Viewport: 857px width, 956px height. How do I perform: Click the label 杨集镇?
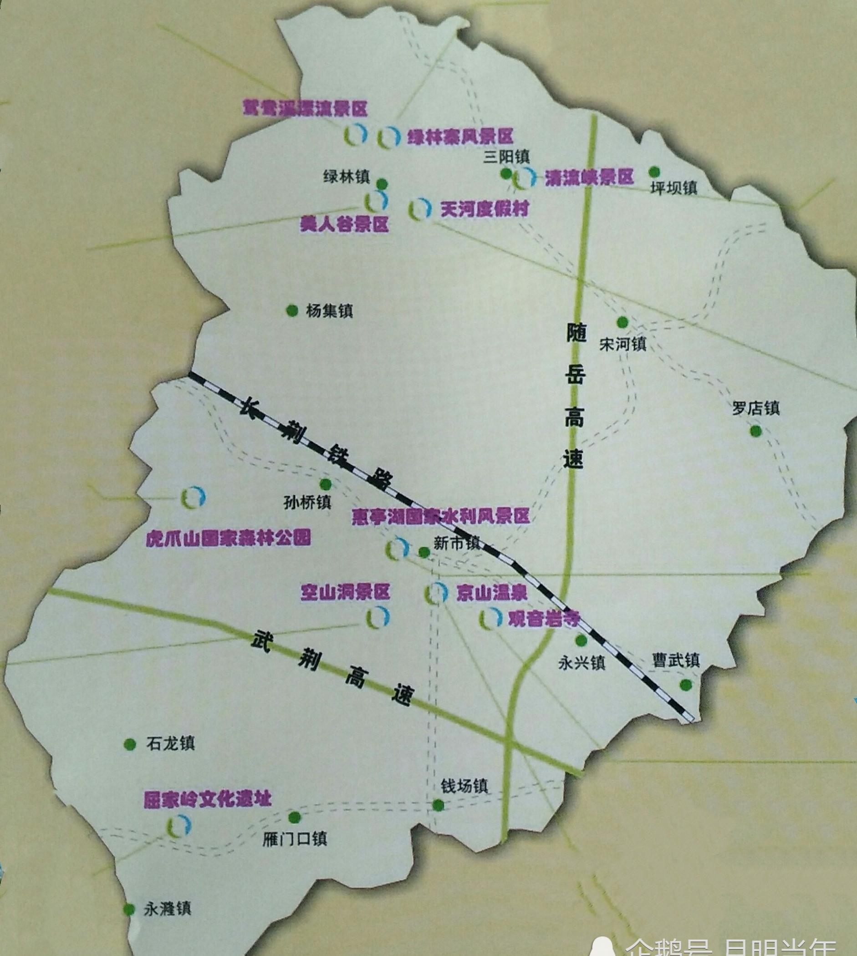click(x=329, y=310)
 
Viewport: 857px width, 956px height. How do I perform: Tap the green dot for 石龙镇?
click(x=129, y=744)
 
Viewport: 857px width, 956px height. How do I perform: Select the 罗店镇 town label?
click(x=756, y=407)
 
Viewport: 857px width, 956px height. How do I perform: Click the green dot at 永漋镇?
click(x=128, y=909)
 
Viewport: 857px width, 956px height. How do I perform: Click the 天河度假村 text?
click(x=485, y=208)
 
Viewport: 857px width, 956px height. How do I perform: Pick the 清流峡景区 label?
click(x=589, y=178)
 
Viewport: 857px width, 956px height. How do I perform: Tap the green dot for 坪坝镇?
click(x=654, y=172)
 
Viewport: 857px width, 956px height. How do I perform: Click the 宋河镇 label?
click(x=622, y=344)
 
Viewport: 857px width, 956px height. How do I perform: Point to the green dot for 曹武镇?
click(x=686, y=684)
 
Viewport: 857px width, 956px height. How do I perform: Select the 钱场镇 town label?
click(x=464, y=786)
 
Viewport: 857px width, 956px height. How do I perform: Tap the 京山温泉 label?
click(x=491, y=593)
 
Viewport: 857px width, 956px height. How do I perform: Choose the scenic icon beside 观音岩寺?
click(x=490, y=619)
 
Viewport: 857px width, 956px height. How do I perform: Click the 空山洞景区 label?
click(x=346, y=592)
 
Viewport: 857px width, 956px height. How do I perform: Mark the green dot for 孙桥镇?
click(x=326, y=484)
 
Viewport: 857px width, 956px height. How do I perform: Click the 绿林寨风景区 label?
click(x=459, y=137)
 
